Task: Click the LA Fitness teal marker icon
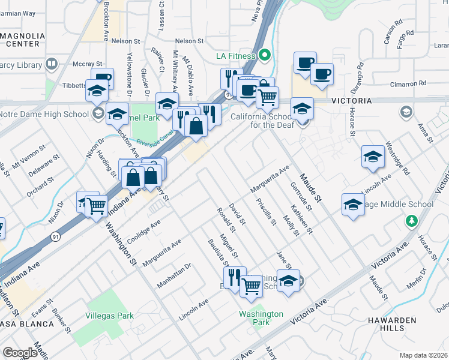[265, 56]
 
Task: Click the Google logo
[20, 353]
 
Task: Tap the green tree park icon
[411, 221]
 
